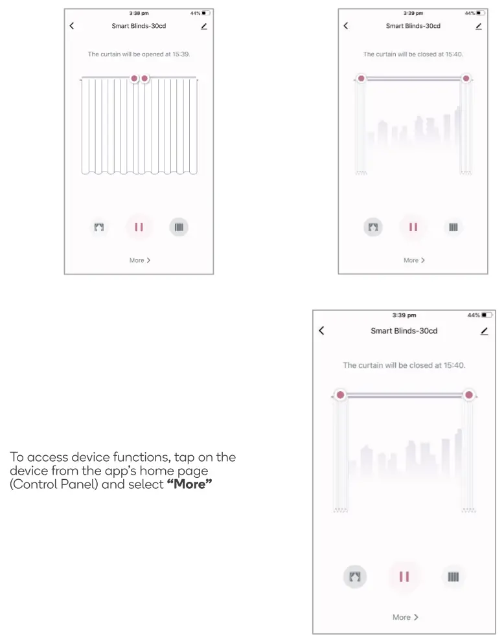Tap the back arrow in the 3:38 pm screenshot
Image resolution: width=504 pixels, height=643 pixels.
tap(72, 26)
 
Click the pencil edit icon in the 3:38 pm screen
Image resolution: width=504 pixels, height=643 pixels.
tap(204, 26)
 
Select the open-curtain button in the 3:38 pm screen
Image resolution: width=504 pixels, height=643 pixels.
tap(99, 227)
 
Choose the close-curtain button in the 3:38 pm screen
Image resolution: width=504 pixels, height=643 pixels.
tap(179, 227)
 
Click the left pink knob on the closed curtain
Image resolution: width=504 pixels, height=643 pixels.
tap(134, 78)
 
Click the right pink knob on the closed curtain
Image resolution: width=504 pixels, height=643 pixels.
tap(145, 78)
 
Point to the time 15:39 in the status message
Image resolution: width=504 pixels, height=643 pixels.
tap(181, 54)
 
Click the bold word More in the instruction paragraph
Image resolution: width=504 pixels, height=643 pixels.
tap(190, 485)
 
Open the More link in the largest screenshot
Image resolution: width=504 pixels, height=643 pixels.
tap(405, 617)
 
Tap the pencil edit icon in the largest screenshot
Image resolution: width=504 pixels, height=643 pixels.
tap(485, 331)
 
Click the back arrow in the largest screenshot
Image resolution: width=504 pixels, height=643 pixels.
tap(322, 331)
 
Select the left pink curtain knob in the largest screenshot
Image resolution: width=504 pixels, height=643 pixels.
tap(339, 395)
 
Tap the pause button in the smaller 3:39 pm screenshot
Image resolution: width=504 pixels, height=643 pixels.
tap(413, 227)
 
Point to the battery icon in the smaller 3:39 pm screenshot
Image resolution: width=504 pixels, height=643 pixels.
tap(479, 13)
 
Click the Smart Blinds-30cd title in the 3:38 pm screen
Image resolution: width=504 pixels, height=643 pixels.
tap(139, 26)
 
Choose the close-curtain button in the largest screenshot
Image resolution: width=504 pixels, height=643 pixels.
tap(453, 576)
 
